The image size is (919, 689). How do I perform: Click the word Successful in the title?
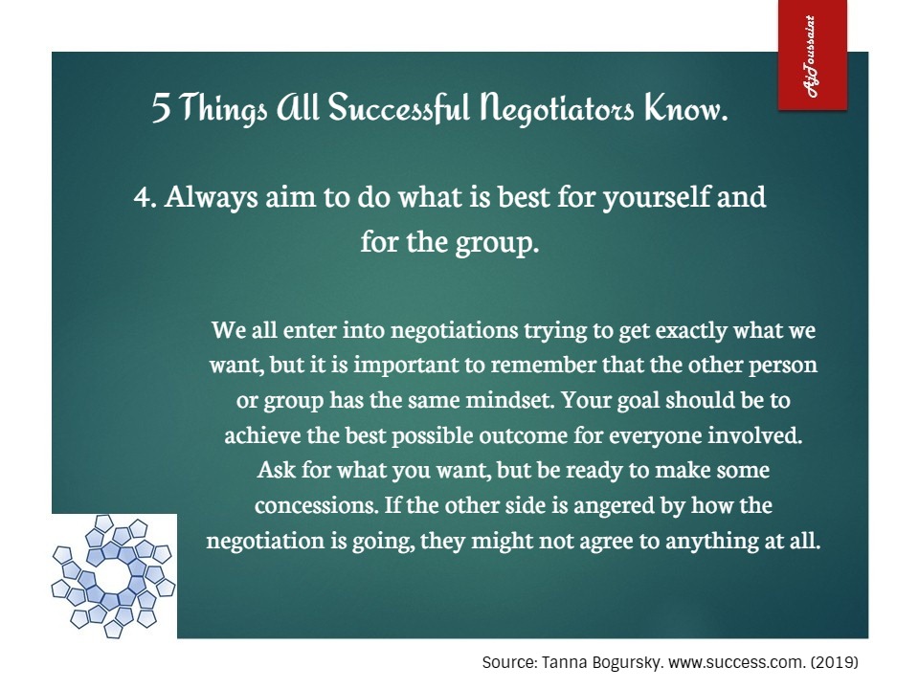[398, 108]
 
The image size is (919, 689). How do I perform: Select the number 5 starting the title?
[161, 108]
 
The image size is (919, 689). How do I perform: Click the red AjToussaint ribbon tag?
[812, 55]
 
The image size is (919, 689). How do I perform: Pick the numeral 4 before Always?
[142, 197]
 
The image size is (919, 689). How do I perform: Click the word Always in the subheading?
[211, 197]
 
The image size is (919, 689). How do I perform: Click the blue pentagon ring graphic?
[113, 575]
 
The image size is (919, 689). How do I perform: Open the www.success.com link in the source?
[737, 662]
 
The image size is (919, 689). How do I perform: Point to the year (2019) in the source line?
[835, 662]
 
